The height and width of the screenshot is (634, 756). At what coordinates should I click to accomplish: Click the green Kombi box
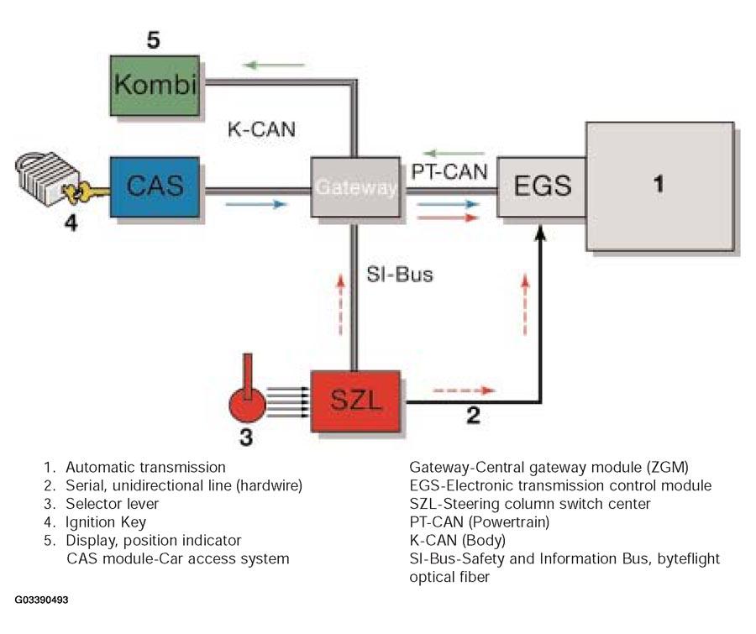[x=155, y=86]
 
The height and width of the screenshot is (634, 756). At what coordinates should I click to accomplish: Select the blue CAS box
[x=155, y=186]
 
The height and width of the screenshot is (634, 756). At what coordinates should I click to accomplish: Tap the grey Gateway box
[x=355, y=186]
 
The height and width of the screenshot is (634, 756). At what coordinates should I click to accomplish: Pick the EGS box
[x=542, y=186]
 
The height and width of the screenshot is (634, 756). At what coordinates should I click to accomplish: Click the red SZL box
[x=355, y=401]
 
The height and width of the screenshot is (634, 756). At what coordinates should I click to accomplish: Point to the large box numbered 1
[x=660, y=186]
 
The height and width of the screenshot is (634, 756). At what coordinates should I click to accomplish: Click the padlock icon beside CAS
[x=44, y=178]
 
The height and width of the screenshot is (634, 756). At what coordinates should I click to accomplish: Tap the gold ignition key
[x=87, y=193]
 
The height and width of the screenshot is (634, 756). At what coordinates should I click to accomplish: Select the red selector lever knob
[x=247, y=404]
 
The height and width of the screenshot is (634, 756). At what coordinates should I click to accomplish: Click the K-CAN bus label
[x=261, y=129]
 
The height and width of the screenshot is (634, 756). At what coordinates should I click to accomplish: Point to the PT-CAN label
[x=449, y=171]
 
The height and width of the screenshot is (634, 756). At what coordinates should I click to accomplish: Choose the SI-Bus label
[x=400, y=275]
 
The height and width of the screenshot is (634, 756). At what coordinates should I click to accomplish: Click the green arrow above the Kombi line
[x=275, y=65]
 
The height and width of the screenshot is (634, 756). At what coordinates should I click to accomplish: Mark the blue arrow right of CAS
[x=256, y=204]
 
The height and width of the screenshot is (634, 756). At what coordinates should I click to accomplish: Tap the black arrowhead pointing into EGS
[x=541, y=233]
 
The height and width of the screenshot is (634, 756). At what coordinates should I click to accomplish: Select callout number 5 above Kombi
[x=154, y=39]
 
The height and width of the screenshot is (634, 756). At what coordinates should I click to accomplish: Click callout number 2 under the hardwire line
[x=474, y=415]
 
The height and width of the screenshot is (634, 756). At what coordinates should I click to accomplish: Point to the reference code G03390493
[x=41, y=600]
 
